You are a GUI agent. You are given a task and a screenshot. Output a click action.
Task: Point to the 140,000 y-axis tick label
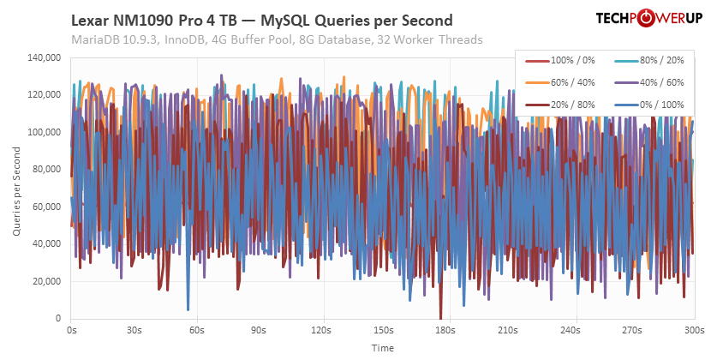43,57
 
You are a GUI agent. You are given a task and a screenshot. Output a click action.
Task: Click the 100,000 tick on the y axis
43,132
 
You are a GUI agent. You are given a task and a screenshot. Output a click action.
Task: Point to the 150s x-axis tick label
383,329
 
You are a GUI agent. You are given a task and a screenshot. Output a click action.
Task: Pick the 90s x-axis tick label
259,329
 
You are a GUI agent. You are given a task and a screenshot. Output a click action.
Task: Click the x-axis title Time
383,348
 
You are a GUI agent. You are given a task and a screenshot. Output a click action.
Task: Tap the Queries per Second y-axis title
16,188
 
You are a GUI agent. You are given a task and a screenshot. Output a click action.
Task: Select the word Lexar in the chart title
90,20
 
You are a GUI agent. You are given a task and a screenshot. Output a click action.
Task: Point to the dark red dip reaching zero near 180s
440,316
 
